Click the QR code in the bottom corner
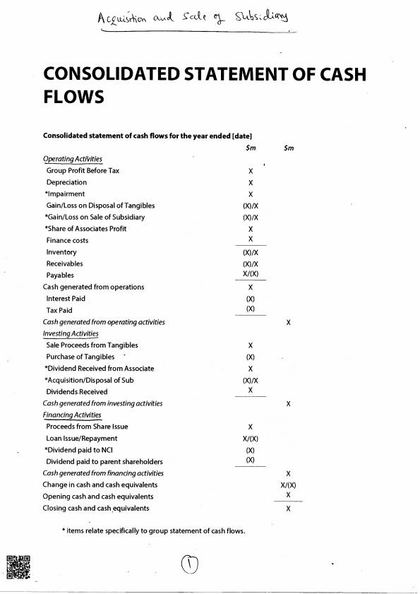coord(19,567)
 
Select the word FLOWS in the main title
coord(73,96)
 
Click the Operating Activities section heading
coord(73,159)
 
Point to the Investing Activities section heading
coord(71,333)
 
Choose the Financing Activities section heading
coord(72,415)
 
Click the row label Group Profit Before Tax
coord(83,171)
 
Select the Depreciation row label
coord(66,182)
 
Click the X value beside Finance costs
coord(251,239)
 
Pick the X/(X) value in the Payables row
coord(251,275)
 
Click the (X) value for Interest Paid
coord(251,299)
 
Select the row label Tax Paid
coord(59,310)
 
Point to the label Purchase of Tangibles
coord(80,357)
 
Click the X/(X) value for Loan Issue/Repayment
coord(251,438)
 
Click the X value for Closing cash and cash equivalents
coord(289,509)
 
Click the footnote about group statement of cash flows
coord(153,531)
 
